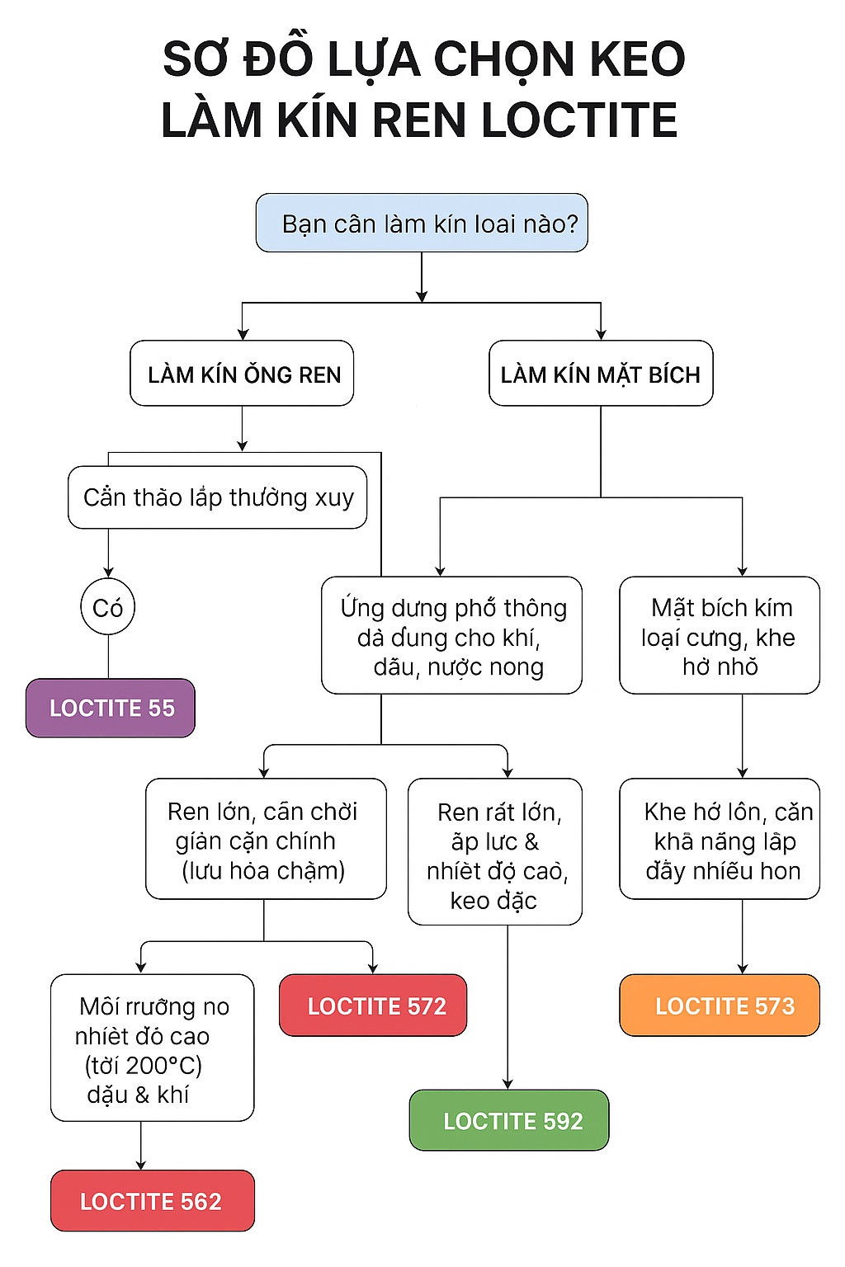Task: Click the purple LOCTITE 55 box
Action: pos(111,708)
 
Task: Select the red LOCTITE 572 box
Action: pos(373,1006)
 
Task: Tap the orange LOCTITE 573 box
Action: pos(720,1006)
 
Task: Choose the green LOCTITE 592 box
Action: pos(509,1120)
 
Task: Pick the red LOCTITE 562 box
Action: pos(153,1200)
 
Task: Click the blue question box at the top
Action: pos(422,223)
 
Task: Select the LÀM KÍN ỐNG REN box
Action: pos(242,374)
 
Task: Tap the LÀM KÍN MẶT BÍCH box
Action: pos(601,374)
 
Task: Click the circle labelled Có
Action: pos(108,608)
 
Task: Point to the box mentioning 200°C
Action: pos(153,1048)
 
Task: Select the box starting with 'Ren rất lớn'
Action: pos(495,852)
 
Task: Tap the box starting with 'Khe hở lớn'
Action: pos(720,839)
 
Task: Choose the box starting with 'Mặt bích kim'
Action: pos(720,635)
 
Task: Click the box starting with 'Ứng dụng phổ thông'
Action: pos(451,635)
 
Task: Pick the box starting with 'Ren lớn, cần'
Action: pos(266,839)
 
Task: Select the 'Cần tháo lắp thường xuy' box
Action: pos(218,497)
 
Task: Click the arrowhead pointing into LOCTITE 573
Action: pos(743,968)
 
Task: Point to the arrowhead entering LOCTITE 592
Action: pos(507,1084)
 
